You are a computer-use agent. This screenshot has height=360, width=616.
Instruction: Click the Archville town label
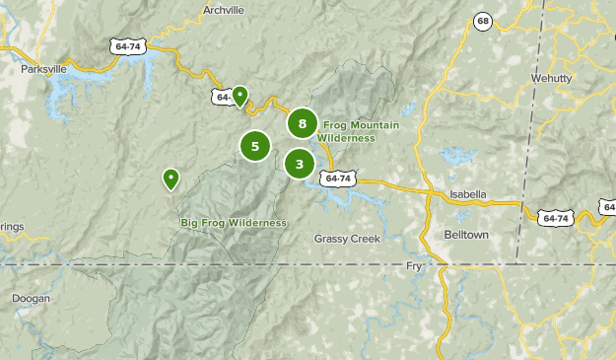(222, 10)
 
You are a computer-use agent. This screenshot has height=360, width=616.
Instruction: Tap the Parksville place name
(43, 70)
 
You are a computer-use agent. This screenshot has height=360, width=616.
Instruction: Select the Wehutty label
(580, 78)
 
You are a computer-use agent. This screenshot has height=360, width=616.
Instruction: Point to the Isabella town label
(466, 194)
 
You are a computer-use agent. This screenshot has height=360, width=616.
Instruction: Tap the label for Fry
(414, 267)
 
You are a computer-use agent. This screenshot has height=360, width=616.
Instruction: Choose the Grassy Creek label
(347, 238)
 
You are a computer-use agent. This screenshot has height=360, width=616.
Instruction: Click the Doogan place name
(30, 298)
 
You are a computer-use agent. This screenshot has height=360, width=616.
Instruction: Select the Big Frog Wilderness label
(234, 223)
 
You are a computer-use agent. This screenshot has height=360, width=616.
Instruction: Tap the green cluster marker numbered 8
(303, 123)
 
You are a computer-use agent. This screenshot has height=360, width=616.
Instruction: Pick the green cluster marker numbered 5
(254, 147)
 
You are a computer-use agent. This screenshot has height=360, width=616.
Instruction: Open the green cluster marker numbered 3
(300, 164)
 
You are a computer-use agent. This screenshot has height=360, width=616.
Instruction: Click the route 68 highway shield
(482, 22)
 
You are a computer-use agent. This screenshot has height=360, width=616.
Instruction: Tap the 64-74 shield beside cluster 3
(337, 179)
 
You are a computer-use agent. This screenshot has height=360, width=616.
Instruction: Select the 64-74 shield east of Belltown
(555, 216)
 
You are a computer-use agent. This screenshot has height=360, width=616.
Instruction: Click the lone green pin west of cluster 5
(171, 178)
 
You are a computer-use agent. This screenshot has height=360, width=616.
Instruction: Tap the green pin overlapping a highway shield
(240, 96)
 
